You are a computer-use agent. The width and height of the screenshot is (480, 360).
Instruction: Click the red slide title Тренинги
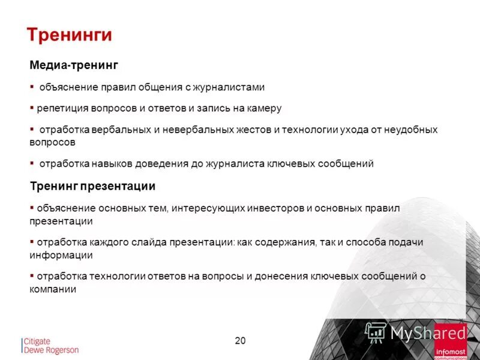(x=70, y=35)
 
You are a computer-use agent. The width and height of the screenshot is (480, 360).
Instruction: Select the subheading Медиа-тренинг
(x=74, y=65)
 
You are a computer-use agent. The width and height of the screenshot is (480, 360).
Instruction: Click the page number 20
(x=240, y=341)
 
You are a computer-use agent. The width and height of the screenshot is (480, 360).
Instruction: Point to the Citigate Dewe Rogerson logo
(x=50, y=346)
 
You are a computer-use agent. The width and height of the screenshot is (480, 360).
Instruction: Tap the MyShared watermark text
(x=428, y=332)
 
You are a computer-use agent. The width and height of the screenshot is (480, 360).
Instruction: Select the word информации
(x=61, y=255)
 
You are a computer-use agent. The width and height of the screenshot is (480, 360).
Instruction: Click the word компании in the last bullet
(x=53, y=289)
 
